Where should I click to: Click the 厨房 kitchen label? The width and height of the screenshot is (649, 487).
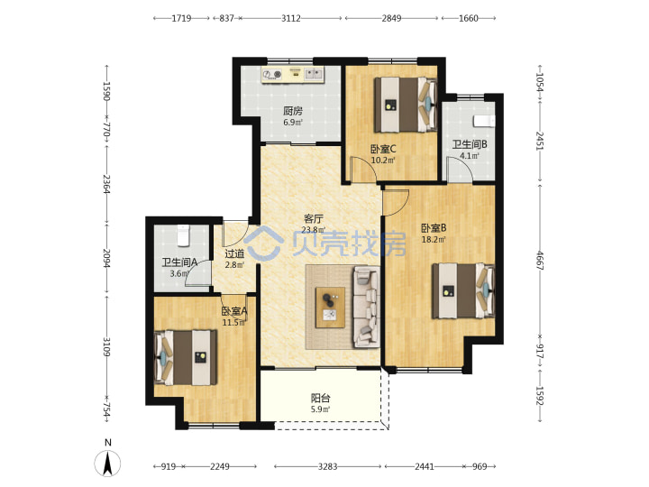(x=293, y=111)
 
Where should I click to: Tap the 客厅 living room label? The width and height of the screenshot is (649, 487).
(x=314, y=218)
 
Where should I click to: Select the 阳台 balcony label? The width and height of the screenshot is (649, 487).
(x=320, y=399)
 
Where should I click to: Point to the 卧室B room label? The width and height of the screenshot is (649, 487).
(x=434, y=228)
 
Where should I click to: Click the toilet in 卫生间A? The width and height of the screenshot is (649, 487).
(x=182, y=235)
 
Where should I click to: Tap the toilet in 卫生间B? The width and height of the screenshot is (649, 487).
(x=484, y=121)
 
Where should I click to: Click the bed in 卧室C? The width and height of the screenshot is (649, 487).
(x=406, y=105)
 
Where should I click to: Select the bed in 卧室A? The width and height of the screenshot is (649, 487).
(x=186, y=357)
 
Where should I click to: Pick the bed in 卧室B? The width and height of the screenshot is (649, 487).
(x=463, y=290)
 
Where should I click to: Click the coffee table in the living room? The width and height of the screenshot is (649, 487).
(x=330, y=308)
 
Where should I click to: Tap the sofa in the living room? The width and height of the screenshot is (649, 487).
(x=367, y=307)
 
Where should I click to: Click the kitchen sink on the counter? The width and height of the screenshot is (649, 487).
(x=314, y=74)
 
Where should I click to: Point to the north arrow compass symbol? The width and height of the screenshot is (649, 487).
(x=107, y=463)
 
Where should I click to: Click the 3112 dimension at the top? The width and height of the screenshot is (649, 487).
(x=291, y=18)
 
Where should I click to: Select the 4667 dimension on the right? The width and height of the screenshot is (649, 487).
(x=540, y=260)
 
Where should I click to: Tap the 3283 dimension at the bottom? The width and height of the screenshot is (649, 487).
(x=327, y=467)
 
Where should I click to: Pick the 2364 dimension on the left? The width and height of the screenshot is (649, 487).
(x=106, y=184)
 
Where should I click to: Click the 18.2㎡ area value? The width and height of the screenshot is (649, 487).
(x=434, y=239)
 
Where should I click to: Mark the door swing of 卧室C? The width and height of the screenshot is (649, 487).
(x=362, y=170)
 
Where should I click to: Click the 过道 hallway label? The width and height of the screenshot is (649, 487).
(x=234, y=253)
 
